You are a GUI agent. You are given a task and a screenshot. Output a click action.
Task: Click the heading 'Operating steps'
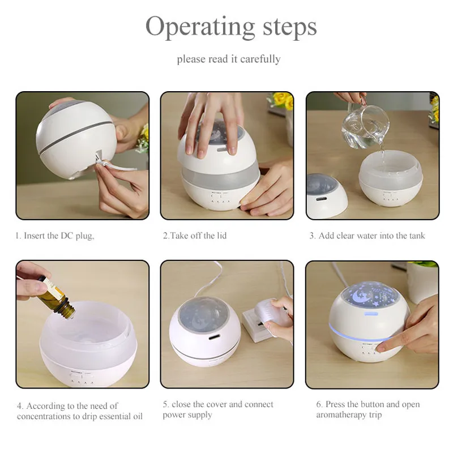point(231,27)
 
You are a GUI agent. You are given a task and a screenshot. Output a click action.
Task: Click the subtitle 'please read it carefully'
point(229,59)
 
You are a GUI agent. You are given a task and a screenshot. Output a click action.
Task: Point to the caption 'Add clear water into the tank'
point(371,236)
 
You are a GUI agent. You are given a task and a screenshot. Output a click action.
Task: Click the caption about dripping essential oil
point(80,411)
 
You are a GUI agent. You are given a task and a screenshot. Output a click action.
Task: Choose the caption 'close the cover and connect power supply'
point(218,409)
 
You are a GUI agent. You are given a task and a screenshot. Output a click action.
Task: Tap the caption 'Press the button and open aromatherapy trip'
point(367,409)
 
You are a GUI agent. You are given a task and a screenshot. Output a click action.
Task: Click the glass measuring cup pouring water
point(365,125)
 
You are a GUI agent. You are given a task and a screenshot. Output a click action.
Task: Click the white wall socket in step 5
point(257,323)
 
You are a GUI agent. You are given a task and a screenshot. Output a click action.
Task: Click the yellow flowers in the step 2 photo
point(281,100)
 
